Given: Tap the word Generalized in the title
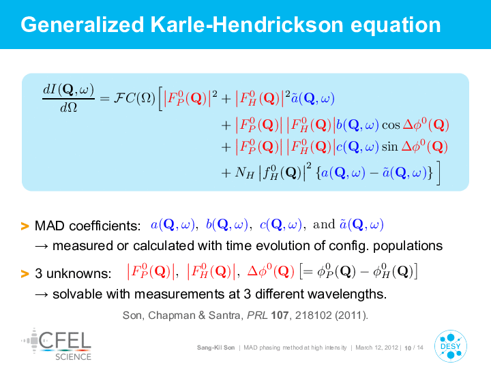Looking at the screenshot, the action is [x=83, y=25].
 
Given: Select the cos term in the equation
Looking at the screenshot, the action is [x=391, y=125].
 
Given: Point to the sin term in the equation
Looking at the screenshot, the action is [x=389, y=147].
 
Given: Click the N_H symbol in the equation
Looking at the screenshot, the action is [x=245, y=172].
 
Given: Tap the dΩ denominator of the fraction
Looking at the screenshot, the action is [x=69, y=108].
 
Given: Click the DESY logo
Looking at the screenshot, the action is [x=451, y=346].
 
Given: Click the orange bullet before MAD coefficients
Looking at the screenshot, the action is [x=25, y=226].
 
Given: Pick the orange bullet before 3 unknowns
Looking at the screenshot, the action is [x=25, y=273].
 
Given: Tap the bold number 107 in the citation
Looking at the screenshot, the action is [x=280, y=315].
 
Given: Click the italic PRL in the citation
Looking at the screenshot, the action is [x=257, y=315].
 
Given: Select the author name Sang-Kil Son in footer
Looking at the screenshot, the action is [x=215, y=348].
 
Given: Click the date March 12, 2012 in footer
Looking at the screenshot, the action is [x=376, y=348].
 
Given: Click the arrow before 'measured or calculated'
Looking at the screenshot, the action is [x=42, y=246].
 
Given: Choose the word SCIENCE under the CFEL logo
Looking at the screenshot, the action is [x=73, y=356].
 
